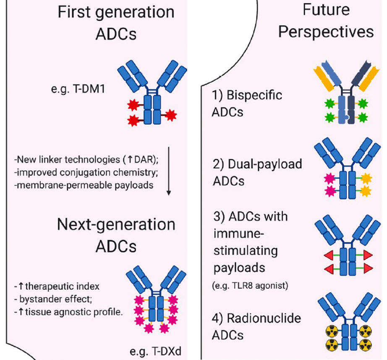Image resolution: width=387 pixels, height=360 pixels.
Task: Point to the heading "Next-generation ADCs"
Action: tap(116, 235)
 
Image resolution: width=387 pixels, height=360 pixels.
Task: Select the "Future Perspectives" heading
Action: tap(326, 21)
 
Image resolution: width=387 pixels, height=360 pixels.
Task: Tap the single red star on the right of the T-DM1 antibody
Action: tap(170, 115)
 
